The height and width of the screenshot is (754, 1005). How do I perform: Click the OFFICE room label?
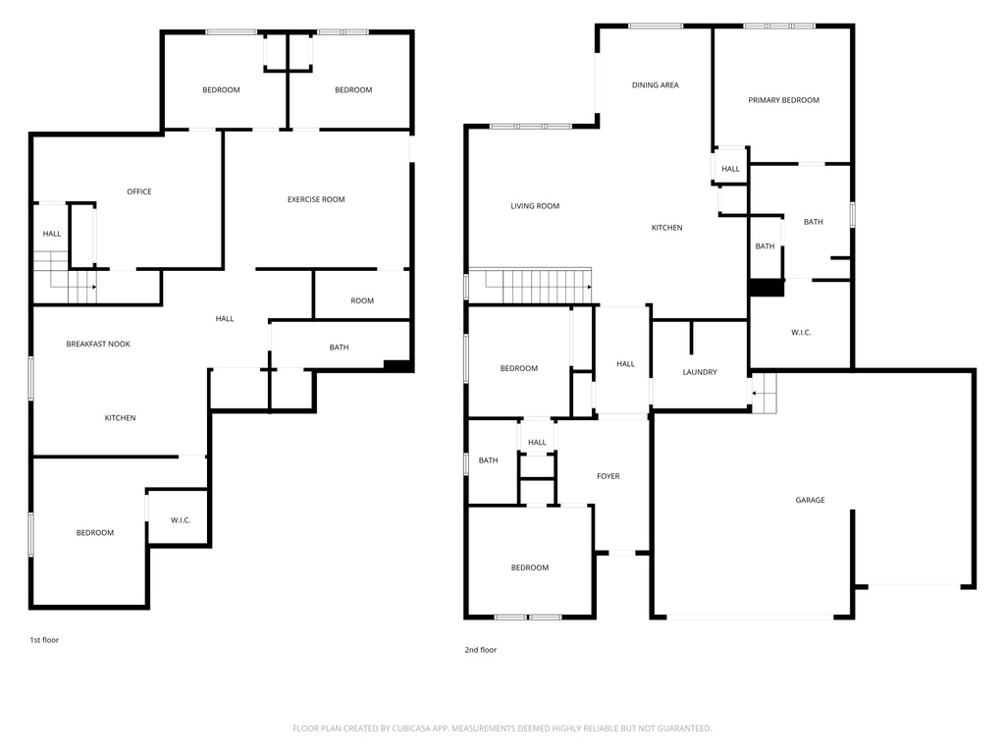pyautogui.click(x=139, y=191)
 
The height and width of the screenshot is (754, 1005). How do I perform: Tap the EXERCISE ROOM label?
pyautogui.click(x=316, y=199)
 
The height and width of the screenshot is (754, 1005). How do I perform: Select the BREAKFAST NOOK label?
pyautogui.click(x=98, y=345)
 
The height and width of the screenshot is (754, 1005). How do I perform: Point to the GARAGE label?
pyautogui.click(x=810, y=500)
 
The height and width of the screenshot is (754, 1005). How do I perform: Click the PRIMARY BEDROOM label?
pyautogui.click(x=784, y=100)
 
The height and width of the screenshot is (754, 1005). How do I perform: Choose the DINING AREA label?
pyautogui.click(x=655, y=85)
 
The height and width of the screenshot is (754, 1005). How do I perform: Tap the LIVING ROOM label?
pyautogui.click(x=535, y=206)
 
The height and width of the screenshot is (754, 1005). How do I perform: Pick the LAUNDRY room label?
pyautogui.click(x=700, y=372)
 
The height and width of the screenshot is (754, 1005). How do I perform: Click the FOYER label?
pyautogui.click(x=608, y=476)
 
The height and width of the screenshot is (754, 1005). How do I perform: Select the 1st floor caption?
pyautogui.click(x=44, y=640)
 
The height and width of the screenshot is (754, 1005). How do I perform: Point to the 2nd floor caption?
pyautogui.click(x=481, y=650)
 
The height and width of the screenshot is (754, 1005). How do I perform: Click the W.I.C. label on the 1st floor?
pyautogui.click(x=181, y=520)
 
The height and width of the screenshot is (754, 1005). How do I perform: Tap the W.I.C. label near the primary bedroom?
pyautogui.click(x=801, y=333)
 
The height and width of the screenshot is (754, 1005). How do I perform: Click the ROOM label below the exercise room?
pyautogui.click(x=362, y=300)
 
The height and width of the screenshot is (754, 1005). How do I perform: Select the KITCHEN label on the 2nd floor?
pyautogui.click(x=667, y=228)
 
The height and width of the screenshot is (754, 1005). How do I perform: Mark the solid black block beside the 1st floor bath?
pyautogui.click(x=397, y=365)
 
